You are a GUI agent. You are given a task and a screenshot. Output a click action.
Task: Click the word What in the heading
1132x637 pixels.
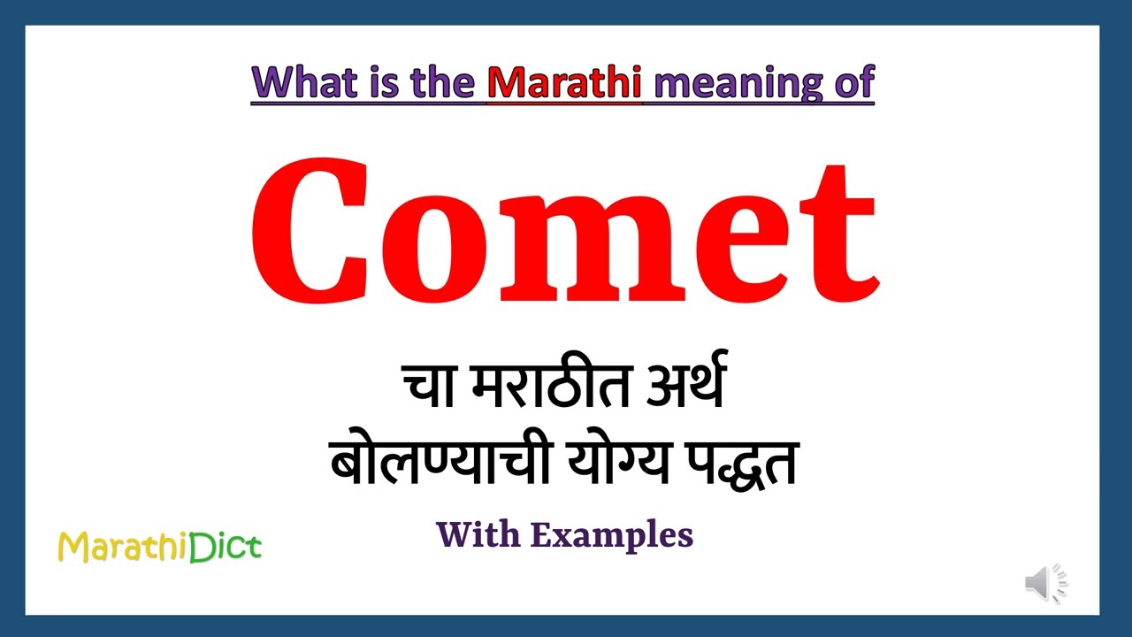point(300,82)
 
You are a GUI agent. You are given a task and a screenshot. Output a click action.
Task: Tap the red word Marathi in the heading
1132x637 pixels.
point(565,82)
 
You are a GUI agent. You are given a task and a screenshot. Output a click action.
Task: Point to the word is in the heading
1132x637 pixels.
point(379,82)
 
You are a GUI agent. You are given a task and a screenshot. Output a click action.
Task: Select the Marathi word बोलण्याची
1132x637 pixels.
point(433,461)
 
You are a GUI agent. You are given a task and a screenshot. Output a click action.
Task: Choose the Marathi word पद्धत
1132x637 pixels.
point(739,461)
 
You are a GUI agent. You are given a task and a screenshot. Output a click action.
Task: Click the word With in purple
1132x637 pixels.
point(478,534)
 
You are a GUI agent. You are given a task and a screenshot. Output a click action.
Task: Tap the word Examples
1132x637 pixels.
point(611,535)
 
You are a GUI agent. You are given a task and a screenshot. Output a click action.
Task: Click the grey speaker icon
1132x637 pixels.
point(1046,584)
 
